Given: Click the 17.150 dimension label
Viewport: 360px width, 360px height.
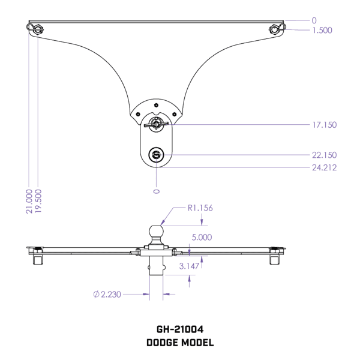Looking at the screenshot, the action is (x=325, y=125).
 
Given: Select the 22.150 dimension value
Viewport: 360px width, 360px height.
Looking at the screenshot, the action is (x=325, y=155).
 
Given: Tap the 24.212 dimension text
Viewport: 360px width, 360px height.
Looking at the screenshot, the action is (x=325, y=167).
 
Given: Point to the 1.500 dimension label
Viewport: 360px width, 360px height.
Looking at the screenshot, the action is (x=322, y=31).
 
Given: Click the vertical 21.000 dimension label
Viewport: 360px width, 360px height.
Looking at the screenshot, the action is (x=29, y=202).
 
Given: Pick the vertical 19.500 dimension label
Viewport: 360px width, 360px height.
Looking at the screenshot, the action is (x=38, y=201).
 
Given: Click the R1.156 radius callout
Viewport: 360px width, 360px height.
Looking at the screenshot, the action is (x=200, y=208).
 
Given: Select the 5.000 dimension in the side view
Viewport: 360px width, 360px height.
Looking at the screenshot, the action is (x=202, y=238).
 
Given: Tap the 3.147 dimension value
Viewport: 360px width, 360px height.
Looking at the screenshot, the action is (x=189, y=266).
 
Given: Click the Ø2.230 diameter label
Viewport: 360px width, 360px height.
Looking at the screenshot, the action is (x=107, y=295).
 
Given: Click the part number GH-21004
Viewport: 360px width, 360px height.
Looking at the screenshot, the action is (x=180, y=329).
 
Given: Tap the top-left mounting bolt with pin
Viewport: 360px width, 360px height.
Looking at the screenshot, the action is (x=35, y=29).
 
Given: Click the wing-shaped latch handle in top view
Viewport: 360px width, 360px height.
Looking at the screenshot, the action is (x=156, y=124).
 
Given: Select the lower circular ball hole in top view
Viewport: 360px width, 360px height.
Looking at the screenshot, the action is (x=156, y=155).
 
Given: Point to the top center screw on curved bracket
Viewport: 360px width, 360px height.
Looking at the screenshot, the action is (x=156, y=106).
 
